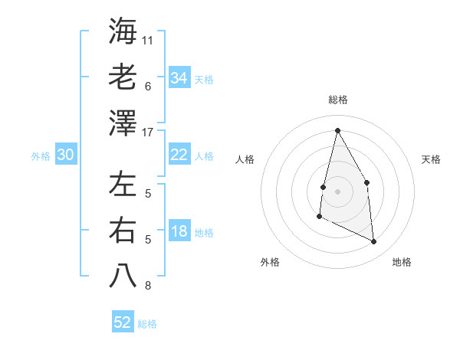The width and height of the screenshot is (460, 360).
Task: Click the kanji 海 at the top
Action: (x=123, y=31)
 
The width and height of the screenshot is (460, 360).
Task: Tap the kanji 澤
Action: (x=123, y=122)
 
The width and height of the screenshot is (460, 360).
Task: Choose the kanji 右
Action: (x=123, y=230)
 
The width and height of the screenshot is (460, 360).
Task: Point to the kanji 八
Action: (x=123, y=276)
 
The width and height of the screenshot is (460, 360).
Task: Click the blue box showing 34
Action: (x=179, y=78)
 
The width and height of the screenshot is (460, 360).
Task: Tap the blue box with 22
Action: (x=179, y=155)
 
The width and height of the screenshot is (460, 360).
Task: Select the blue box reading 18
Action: (x=179, y=232)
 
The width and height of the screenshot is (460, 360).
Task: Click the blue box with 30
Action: (x=65, y=155)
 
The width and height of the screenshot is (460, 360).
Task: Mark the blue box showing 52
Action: (x=123, y=322)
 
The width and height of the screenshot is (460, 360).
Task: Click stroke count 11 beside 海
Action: (x=148, y=40)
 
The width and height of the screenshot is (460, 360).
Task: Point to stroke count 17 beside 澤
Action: (x=148, y=132)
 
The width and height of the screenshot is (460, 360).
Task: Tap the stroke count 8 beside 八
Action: (x=148, y=286)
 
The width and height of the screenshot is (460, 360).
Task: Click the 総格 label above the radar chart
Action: (x=337, y=100)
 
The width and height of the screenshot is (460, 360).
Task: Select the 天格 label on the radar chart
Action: (x=432, y=159)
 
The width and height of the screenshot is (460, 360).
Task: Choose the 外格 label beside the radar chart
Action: (x=270, y=262)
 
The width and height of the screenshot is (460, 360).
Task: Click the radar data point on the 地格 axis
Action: (x=374, y=242)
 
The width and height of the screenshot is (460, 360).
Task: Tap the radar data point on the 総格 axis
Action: (x=337, y=130)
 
